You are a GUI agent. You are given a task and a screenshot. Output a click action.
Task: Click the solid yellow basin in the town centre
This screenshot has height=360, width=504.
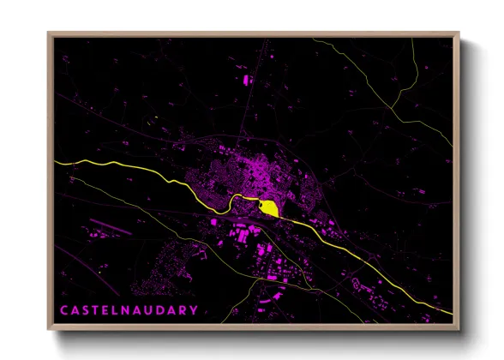[269, 207]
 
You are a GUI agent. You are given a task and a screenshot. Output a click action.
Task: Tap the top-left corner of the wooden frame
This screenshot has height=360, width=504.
[49, 33]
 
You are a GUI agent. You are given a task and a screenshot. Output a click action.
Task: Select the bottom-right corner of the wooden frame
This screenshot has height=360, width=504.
[459, 330]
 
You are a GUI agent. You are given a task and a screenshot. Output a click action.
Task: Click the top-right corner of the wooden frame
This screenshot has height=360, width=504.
[459, 33]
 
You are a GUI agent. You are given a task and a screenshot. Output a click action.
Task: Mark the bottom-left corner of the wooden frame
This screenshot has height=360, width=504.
[49, 330]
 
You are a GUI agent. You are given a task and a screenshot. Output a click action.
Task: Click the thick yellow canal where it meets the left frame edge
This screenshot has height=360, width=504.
[55, 160]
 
